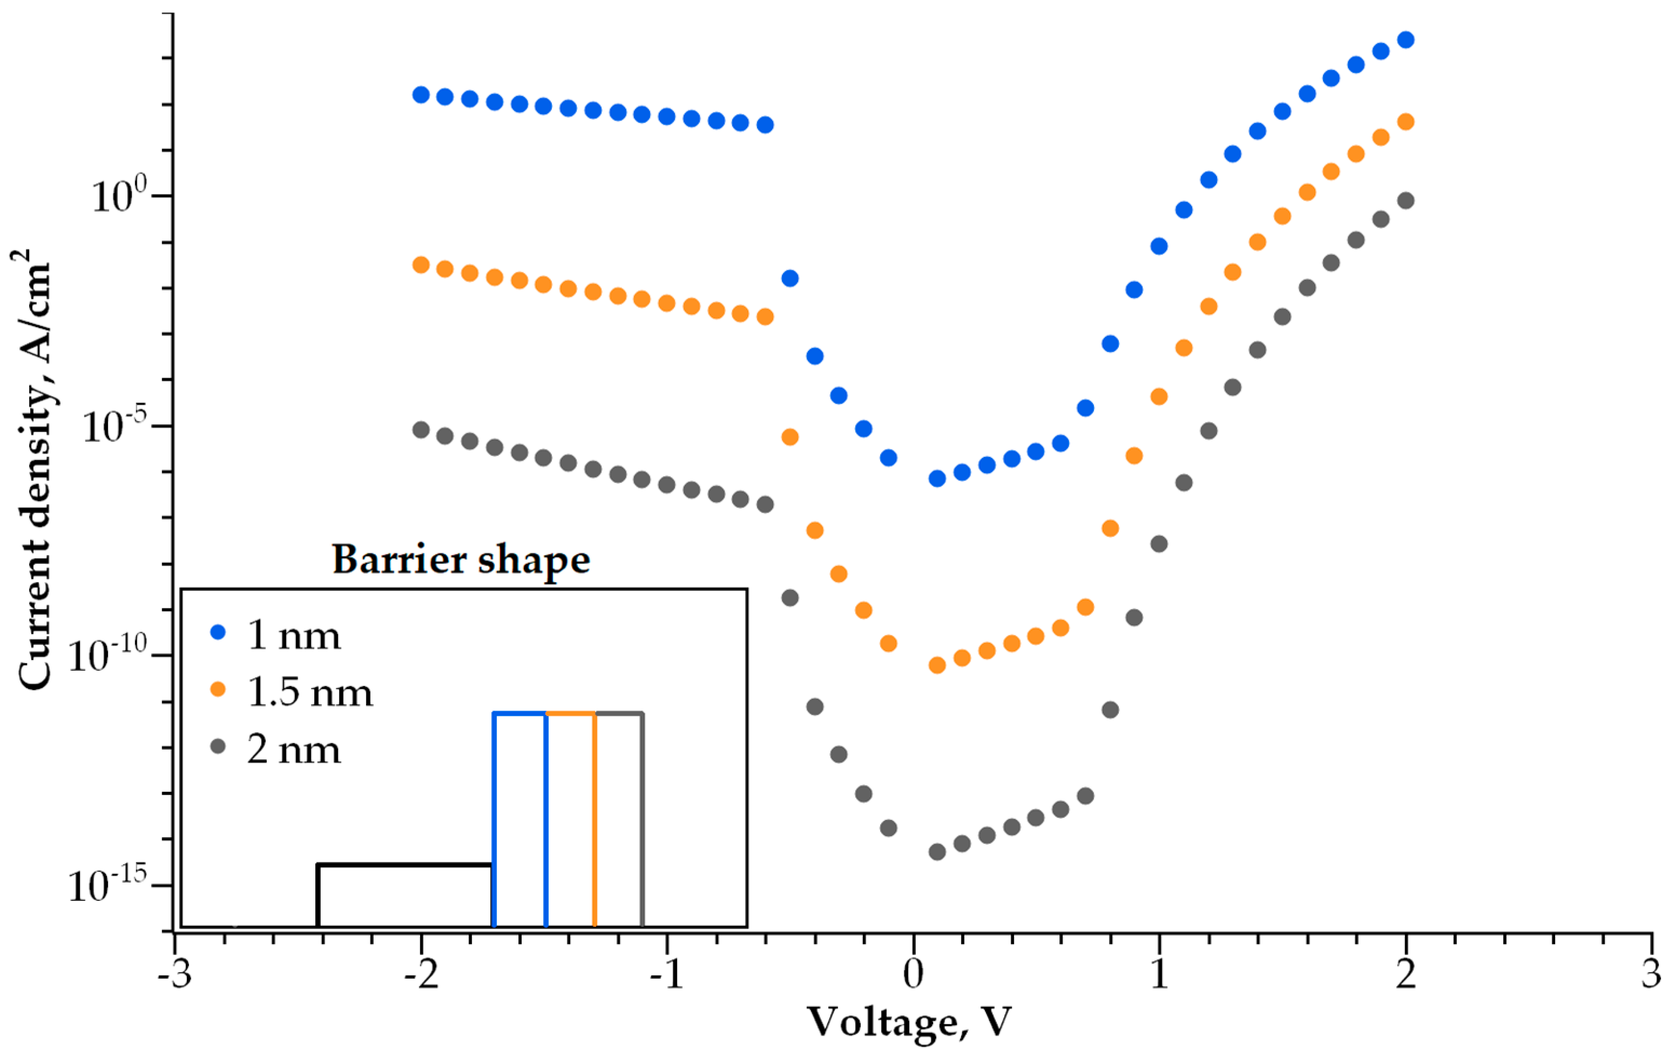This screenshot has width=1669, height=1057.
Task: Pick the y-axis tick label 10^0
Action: pos(120,196)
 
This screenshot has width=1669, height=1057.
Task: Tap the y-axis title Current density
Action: pos(35,472)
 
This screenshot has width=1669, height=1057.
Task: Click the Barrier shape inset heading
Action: pos(461,560)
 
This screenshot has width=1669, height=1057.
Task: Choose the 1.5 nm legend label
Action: pos(310,692)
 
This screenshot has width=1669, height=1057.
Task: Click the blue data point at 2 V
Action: pos(1406,39)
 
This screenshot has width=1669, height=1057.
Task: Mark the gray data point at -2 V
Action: pos(421,430)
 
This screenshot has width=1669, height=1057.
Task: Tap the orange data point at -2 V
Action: pos(421,264)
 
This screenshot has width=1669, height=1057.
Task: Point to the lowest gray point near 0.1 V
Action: pos(937,851)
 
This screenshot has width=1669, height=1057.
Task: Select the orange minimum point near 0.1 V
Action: pos(937,665)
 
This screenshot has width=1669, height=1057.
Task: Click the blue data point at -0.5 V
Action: pos(790,278)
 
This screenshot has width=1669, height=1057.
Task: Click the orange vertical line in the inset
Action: pos(594,818)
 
